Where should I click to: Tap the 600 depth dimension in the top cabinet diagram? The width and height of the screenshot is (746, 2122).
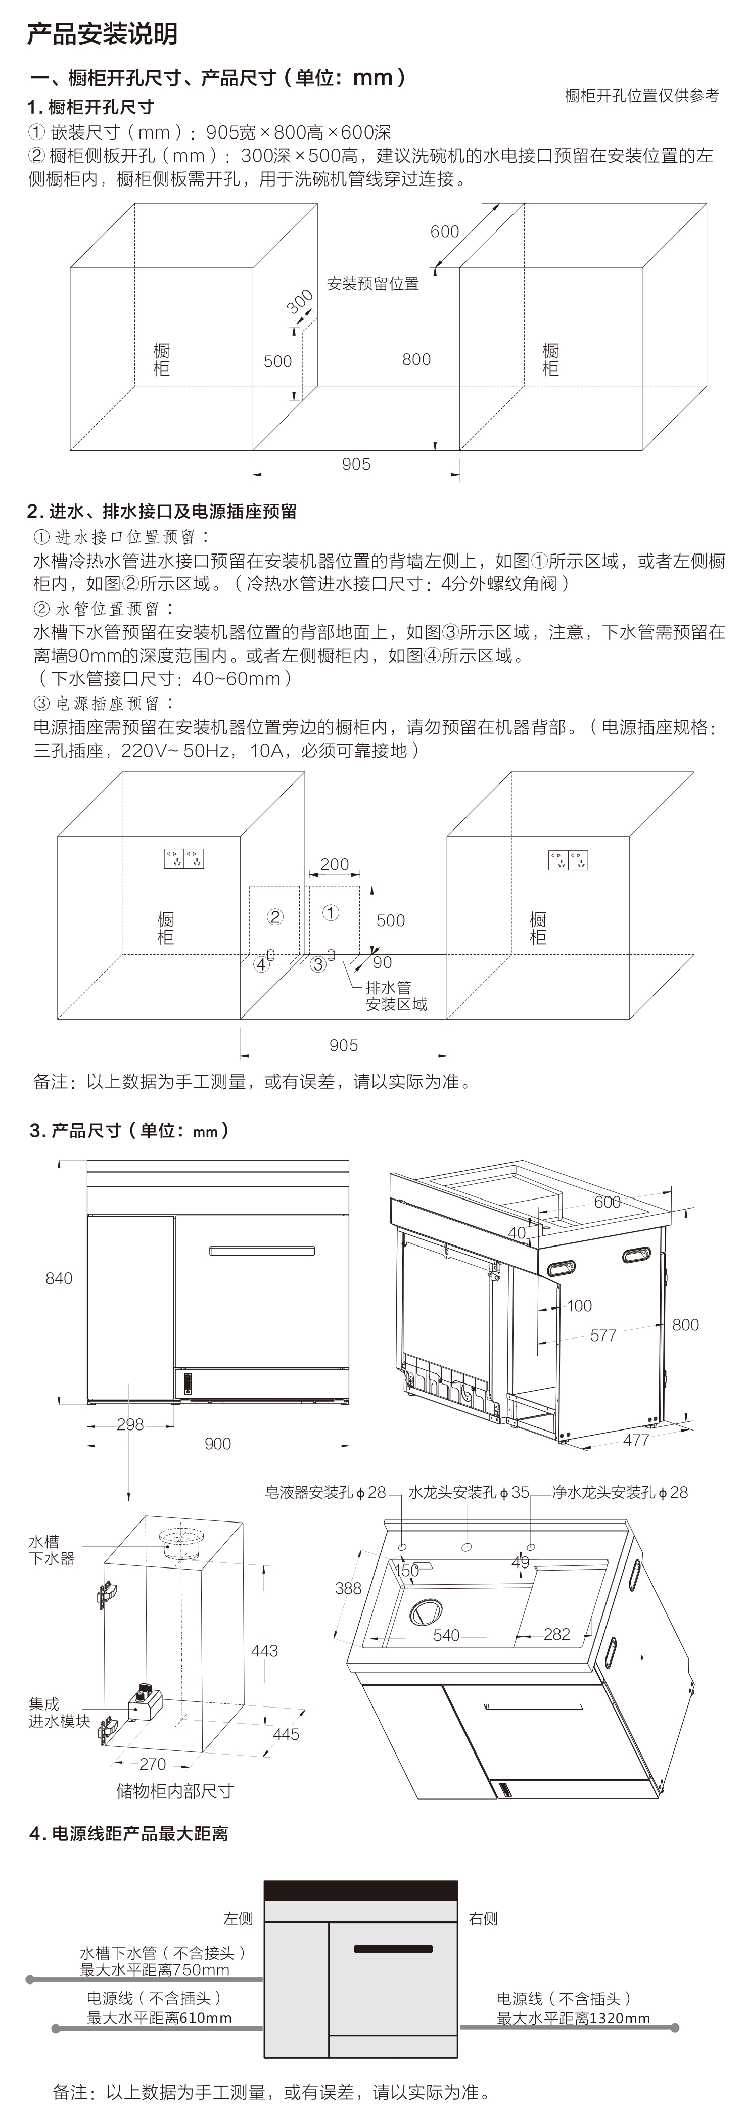pyautogui.click(x=445, y=232)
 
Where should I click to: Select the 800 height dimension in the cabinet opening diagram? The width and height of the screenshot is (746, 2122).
pyautogui.click(x=416, y=359)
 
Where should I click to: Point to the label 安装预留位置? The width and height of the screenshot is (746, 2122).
pyautogui.click(x=373, y=284)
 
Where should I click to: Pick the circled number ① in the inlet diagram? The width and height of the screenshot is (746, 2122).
pyautogui.click(x=330, y=913)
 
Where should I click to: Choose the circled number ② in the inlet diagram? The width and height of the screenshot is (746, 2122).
pyautogui.click(x=275, y=916)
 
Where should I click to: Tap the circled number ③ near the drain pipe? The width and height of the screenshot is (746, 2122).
pyautogui.click(x=318, y=964)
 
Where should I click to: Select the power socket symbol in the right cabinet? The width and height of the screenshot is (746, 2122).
pyautogui.click(x=568, y=860)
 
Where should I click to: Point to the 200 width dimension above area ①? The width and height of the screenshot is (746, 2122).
pyautogui.click(x=334, y=864)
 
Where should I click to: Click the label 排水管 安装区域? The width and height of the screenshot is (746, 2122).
pyautogui.click(x=396, y=996)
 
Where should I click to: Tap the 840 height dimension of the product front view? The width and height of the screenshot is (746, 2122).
pyautogui.click(x=59, y=1278)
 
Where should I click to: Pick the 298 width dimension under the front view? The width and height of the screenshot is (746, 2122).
pyautogui.click(x=130, y=1424)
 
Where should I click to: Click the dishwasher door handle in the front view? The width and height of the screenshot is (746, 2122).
pyautogui.click(x=262, y=1251)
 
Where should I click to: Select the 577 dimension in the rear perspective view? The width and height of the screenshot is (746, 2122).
pyautogui.click(x=603, y=1335)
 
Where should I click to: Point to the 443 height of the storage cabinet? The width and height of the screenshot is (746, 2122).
pyautogui.click(x=264, y=1651)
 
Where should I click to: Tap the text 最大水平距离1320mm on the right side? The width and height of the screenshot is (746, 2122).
pyautogui.click(x=573, y=2018)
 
